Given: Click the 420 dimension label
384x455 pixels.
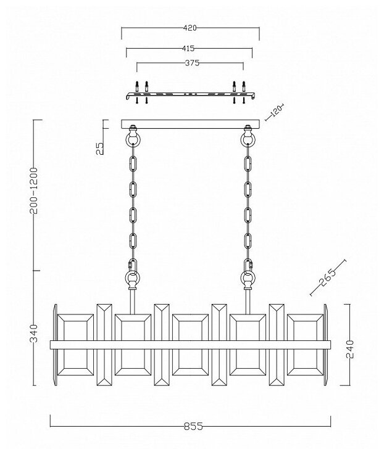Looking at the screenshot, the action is coord(190,28).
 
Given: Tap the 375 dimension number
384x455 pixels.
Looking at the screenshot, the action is coord(190,63).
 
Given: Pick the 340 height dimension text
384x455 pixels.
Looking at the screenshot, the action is coord(35,334).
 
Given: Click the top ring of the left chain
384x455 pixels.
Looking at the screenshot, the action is coord(132,141).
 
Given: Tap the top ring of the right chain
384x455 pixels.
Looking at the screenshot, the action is coord(247,141).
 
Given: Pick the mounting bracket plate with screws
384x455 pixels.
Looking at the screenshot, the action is coord(190,95).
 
